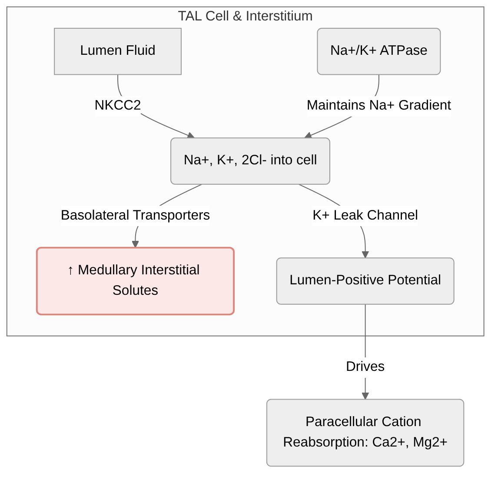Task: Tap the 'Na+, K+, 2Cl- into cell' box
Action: [250, 161]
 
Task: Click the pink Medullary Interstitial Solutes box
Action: [135, 281]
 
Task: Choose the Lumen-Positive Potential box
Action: [365, 281]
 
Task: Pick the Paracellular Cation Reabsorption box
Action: [365, 433]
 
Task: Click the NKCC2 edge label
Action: [117, 105]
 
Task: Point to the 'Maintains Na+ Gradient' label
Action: [378, 105]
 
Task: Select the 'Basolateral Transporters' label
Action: [135, 215]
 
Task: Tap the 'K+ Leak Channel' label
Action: [365, 215]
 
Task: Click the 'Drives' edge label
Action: [365, 367]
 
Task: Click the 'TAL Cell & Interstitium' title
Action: [245, 16]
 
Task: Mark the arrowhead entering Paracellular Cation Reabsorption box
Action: [365, 395]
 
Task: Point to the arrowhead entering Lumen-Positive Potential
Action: [365, 254]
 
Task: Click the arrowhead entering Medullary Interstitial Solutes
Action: [135, 244]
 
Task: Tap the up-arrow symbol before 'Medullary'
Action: [71, 270]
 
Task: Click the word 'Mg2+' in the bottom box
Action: [430, 442]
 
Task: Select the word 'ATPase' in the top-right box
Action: [403, 50]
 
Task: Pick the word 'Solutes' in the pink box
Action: [135, 290]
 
